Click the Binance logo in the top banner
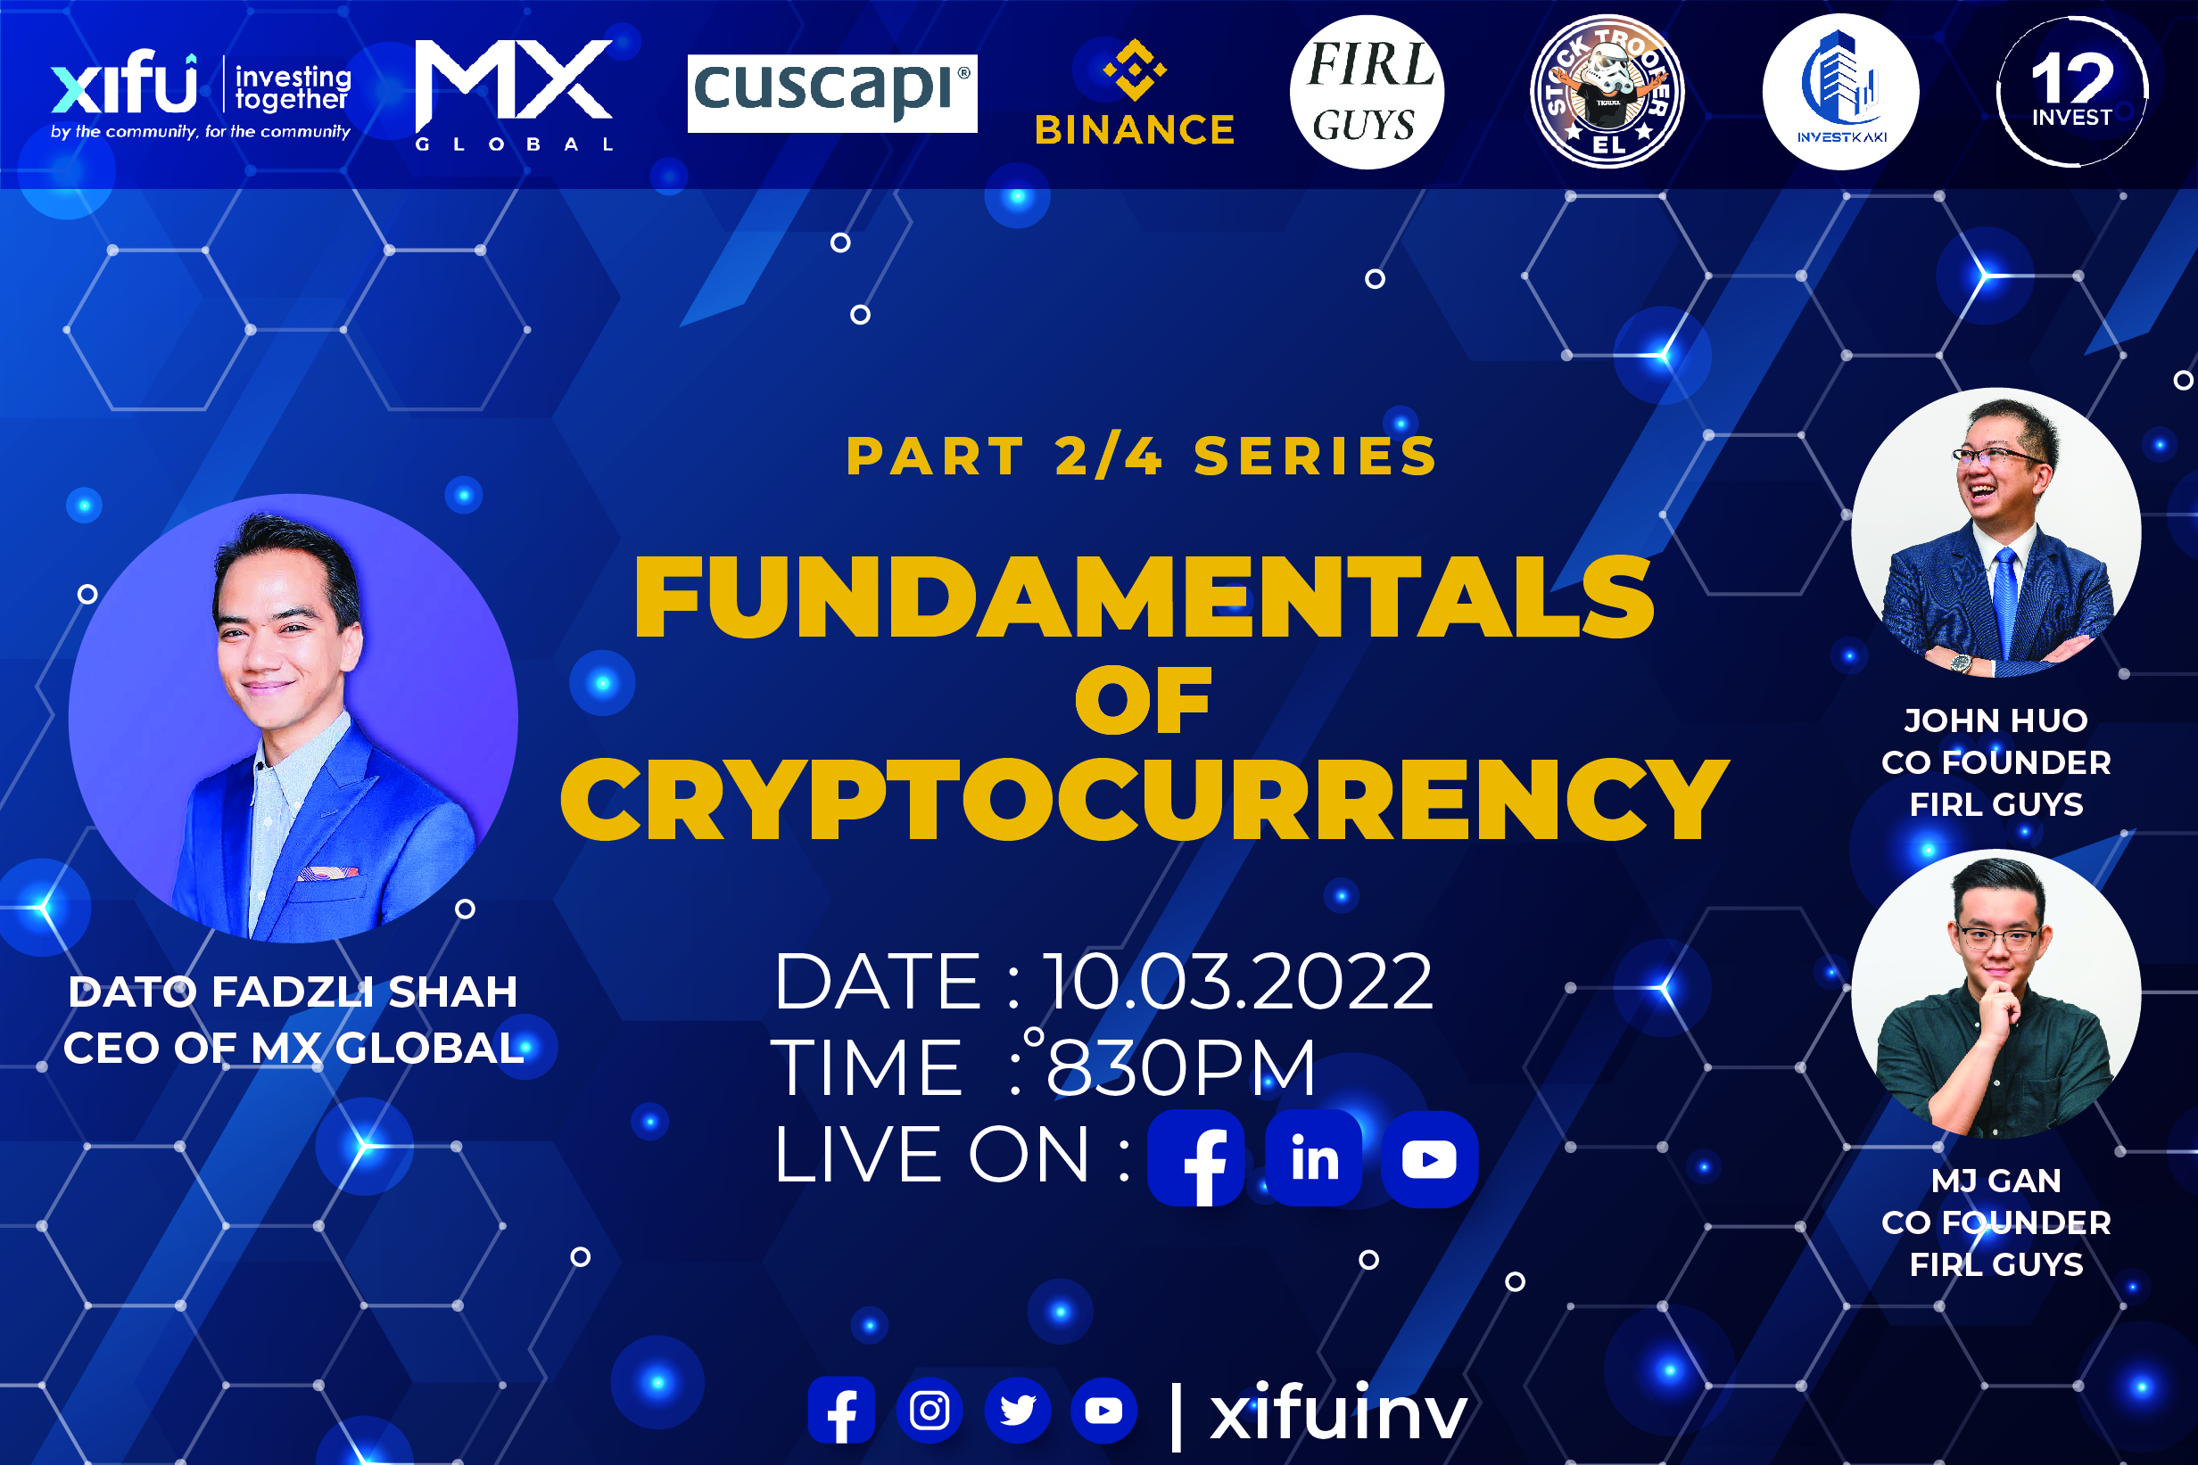pyautogui.click(x=1135, y=93)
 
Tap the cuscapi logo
pyautogui.click(x=831, y=93)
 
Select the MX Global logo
pyautogui.click(x=514, y=95)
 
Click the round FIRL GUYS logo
pyautogui.click(x=1367, y=92)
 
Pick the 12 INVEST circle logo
pyautogui.click(x=2072, y=92)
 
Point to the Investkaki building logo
pyautogui.click(x=1840, y=92)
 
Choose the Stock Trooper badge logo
pyautogui.click(x=1607, y=92)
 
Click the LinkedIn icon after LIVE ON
pyautogui.click(x=1313, y=1157)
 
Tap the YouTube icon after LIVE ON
pyautogui.click(x=1429, y=1158)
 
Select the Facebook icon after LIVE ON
pyautogui.click(x=1196, y=1157)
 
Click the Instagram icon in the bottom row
pyautogui.click(x=929, y=1410)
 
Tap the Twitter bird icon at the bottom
pyautogui.click(x=1017, y=1410)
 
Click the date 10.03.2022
pyautogui.click(x=1236, y=982)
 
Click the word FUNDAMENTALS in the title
pyautogui.click(x=1144, y=597)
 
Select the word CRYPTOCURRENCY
pyautogui.click(x=1144, y=799)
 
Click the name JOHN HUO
pyautogui.click(x=1996, y=720)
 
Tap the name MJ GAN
pyautogui.click(x=1996, y=1180)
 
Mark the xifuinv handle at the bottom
pyautogui.click(x=1338, y=1412)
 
